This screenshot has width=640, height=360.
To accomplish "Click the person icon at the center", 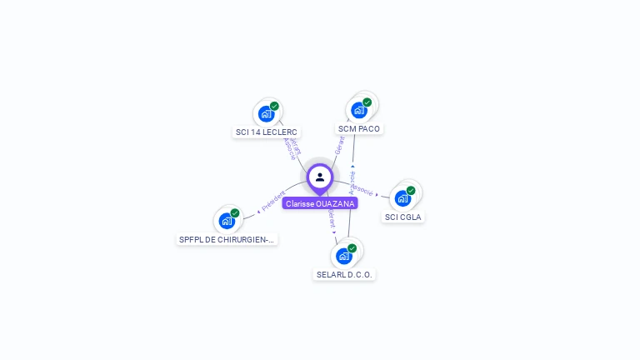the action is (320, 177).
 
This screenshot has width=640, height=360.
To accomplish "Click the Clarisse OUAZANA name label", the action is (320, 203).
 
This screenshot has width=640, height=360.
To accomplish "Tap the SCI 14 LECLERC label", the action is (267, 132).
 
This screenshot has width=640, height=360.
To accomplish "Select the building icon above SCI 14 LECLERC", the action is (266, 113).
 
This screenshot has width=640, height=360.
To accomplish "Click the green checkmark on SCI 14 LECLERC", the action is (274, 106).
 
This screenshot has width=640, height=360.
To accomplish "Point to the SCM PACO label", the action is (359, 128).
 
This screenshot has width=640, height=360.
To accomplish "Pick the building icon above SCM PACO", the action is (359, 110).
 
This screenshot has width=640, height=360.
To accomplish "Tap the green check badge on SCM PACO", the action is (367, 102).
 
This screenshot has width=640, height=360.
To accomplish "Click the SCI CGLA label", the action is (402, 217).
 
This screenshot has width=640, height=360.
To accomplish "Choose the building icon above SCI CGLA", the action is (402, 198).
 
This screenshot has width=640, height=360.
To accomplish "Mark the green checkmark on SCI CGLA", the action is (411, 191).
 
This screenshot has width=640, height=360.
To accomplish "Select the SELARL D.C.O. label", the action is (345, 274).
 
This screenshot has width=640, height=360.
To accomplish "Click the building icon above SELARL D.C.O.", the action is (343, 256).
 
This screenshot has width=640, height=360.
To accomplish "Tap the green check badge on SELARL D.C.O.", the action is (352, 248).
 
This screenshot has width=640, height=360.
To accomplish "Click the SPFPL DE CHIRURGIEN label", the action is (227, 239).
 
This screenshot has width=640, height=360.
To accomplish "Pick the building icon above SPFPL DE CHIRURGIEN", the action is (226, 221).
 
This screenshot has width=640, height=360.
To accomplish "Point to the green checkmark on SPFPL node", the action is (235, 213).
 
